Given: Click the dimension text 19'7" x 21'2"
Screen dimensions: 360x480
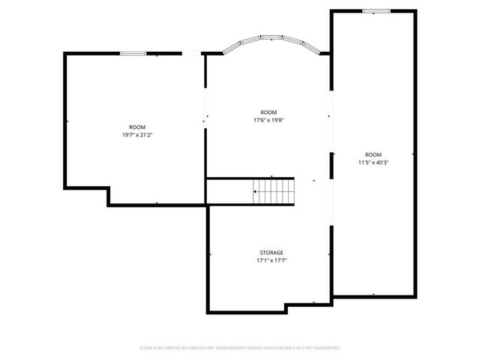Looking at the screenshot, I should click(x=137, y=135).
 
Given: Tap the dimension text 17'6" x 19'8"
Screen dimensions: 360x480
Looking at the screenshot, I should click(x=268, y=120).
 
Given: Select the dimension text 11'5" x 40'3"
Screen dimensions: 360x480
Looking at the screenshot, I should click(x=373, y=162).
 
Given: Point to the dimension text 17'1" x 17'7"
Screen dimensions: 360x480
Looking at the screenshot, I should click(x=271, y=260).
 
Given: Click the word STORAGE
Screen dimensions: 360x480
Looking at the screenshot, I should click(x=271, y=253).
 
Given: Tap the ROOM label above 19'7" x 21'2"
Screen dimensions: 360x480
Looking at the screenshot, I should click(x=137, y=127).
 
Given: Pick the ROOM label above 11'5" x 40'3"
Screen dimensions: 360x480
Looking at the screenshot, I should click(x=373, y=154).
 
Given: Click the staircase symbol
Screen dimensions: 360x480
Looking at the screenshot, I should click(x=273, y=191).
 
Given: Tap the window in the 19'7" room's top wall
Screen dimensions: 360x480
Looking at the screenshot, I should click(x=133, y=52).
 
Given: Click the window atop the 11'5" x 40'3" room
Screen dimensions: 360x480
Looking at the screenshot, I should click(x=375, y=10).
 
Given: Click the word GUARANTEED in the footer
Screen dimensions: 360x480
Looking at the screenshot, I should click(x=326, y=348).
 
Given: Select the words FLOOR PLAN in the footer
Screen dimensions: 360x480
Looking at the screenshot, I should click(x=150, y=348).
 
